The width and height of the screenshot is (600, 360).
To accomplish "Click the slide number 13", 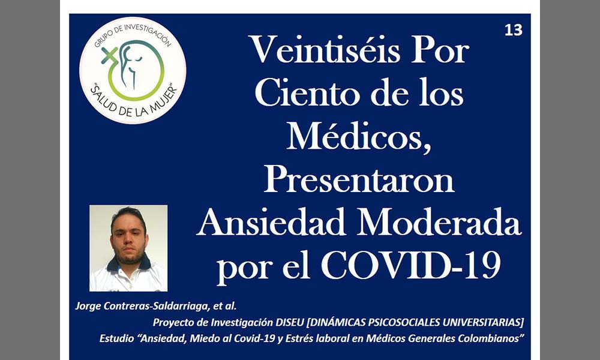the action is click(514, 30).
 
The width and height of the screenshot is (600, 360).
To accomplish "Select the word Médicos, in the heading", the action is click(359, 137).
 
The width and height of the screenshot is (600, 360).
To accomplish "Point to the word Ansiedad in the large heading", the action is click(272, 222).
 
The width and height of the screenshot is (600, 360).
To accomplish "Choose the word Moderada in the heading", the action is click(439, 222).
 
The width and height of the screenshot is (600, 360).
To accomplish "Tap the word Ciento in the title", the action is click(307, 93).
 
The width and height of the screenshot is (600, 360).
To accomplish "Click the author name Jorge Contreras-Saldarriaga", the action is click(142, 306).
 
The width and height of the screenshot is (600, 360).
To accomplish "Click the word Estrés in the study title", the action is click(299, 338).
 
